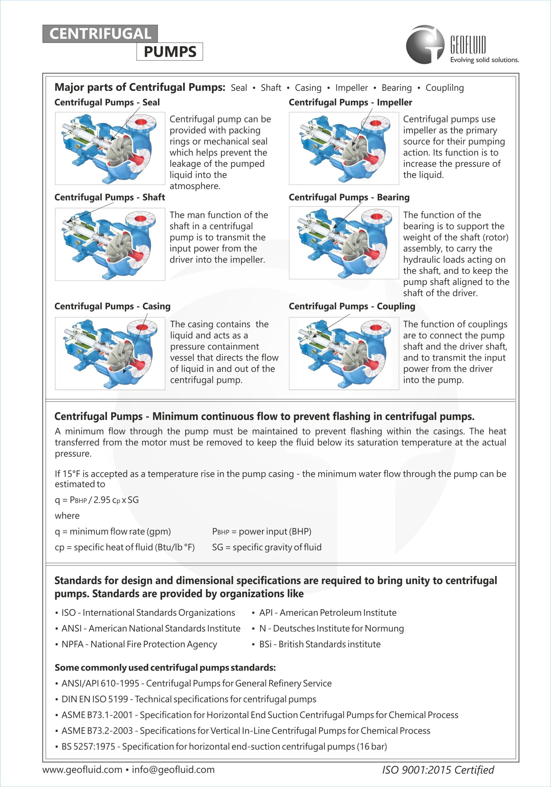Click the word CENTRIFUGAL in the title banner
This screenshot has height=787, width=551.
pyautogui.click(x=100, y=34)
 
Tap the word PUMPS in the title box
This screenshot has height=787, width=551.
pyautogui.click(x=170, y=52)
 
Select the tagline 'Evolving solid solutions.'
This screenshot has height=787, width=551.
pyautogui.click(x=484, y=60)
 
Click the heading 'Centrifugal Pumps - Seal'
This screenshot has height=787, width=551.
pyautogui.click(x=107, y=102)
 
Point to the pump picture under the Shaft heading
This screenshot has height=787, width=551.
pyautogui.click(x=110, y=244)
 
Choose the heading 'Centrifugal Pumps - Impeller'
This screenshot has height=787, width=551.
pyautogui.click(x=350, y=102)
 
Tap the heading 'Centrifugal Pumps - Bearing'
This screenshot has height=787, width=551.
pyautogui.click(x=349, y=197)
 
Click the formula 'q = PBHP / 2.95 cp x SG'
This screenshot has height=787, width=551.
pyautogui.click(x=96, y=500)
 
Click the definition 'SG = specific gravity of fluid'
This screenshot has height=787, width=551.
pyautogui.click(x=267, y=548)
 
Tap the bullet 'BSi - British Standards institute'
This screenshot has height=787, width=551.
pyautogui.click(x=320, y=644)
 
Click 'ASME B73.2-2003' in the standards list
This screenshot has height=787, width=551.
pyautogui.click(x=97, y=731)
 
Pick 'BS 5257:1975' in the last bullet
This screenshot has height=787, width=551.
pyautogui.click(x=88, y=746)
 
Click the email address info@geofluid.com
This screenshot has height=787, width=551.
pyautogui.click(x=173, y=770)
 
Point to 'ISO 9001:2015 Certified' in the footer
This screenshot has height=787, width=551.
pyautogui.click(x=438, y=770)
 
